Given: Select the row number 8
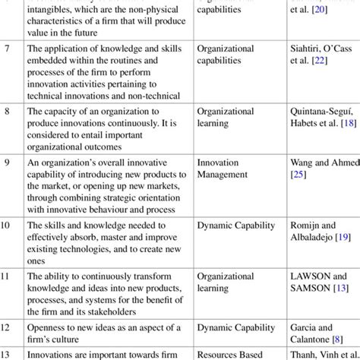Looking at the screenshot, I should click(7, 111).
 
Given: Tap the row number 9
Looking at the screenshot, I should click(7, 163).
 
